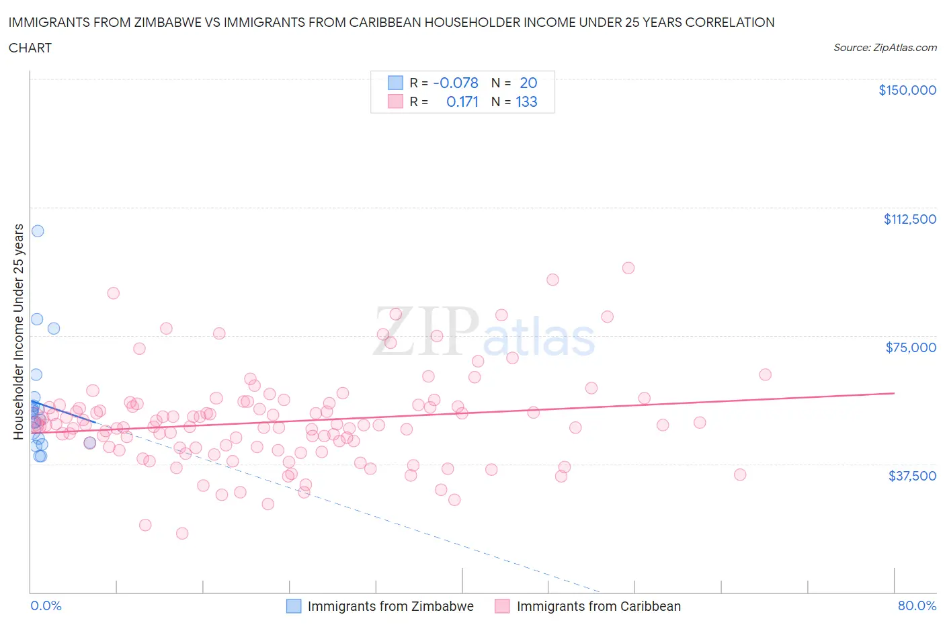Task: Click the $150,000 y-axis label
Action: pyautogui.click(x=907, y=90)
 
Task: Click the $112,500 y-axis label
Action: pyautogui.click(x=909, y=219)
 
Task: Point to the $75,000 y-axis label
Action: pyautogui.click(x=911, y=347)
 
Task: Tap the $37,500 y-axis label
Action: pyautogui.click(x=911, y=476)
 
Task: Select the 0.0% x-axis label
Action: pyautogui.click(x=46, y=606)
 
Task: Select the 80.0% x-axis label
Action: pyautogui.click(x=917, y=606)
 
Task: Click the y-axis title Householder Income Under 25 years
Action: pyautogui.click(x=18, y=331)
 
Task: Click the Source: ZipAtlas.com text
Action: pyautogui.click(x=885, y=48)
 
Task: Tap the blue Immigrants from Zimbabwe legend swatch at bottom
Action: pyautogui.click(x=294, y=606)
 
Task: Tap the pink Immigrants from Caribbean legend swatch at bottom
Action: pyautogui.click(x=502, y=606)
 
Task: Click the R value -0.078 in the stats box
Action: pyautogui.click(x=456, y=83)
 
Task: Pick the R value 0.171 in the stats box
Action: pyautogui.click(x=462, y=101)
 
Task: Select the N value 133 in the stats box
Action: pyautogui.click(x=526, y=101)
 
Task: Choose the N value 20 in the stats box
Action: pyautogui.click(x=528, y=83)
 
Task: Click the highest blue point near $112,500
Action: pyautogui.click(x=38, y=231)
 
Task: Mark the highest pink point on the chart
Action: pyautogui.click(x=628, y=267)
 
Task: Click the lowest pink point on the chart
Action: pyautogui.click(x=182, y=533)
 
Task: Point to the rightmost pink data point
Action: pyautogui.click(x=765, y=374)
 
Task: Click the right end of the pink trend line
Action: pyautogui.click(x=894, y=392)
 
